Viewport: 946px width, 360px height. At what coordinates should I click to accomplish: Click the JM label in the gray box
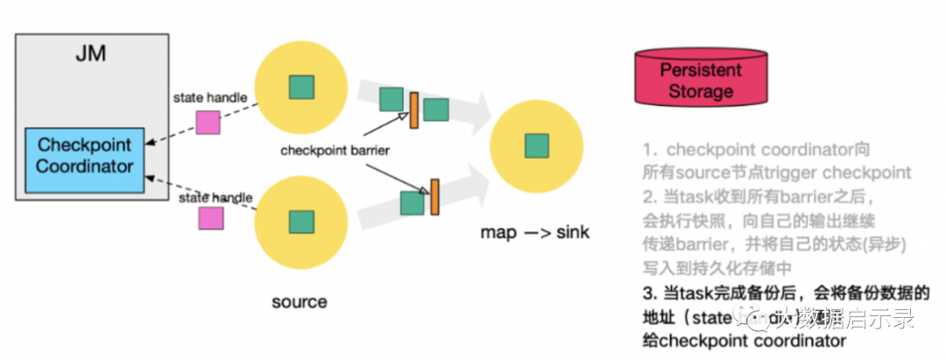tap(90, 54)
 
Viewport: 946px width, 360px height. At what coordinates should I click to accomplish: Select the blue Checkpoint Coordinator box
tap(85, 155)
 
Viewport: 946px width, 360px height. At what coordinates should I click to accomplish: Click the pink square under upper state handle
tap(208, 123)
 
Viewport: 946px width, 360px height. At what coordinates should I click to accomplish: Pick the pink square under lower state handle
tap(210, 218)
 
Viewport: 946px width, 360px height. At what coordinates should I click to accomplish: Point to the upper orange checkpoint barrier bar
tap(413, 104)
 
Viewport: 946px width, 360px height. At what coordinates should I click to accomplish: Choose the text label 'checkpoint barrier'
tap(335, 150)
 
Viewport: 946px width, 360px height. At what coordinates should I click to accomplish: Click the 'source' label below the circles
tap(300, 302)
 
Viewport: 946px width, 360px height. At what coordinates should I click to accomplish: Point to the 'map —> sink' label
tap(534, 233)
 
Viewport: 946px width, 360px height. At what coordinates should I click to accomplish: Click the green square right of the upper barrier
tap(436, 109)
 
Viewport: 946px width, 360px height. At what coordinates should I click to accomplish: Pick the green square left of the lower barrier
tap(412, 202)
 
